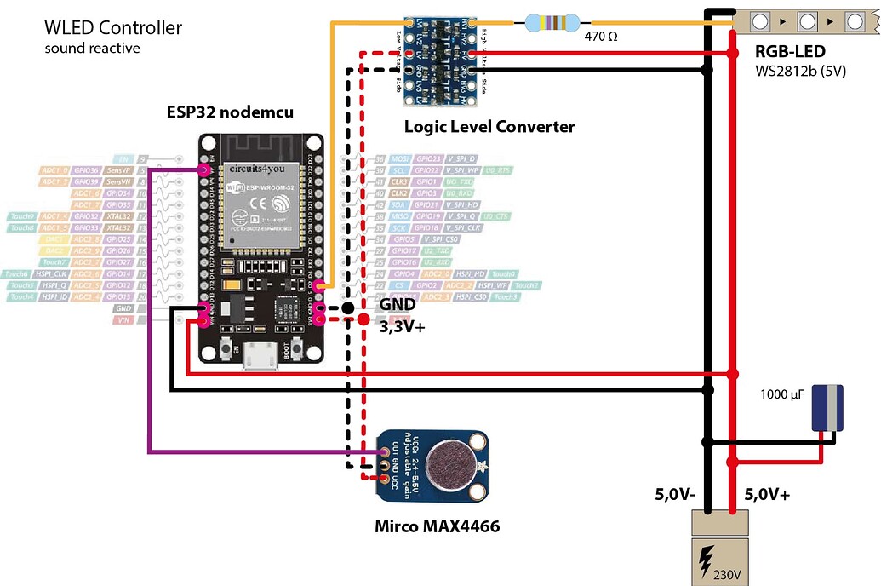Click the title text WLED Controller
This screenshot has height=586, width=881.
113,28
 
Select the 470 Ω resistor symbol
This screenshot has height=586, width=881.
552,22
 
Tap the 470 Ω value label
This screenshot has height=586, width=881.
600,37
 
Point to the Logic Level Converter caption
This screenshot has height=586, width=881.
489,127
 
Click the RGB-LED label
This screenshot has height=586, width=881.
789,50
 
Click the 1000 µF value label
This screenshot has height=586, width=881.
781,394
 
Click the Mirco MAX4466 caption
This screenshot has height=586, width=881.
437,526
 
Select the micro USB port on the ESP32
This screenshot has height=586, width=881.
260,357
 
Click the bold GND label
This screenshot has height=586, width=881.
398,304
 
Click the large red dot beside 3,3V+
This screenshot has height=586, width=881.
363,320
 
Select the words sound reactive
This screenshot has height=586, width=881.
92,49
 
